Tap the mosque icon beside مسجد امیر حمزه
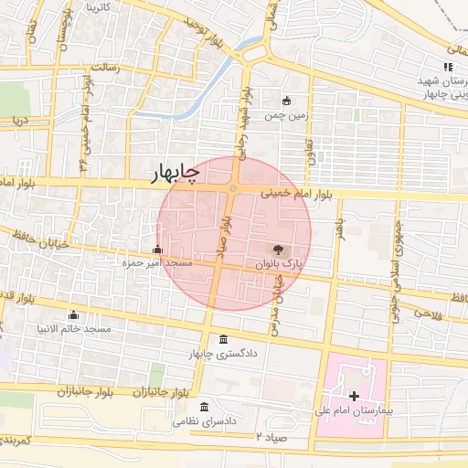157,249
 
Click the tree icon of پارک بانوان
277,249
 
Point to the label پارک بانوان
279,263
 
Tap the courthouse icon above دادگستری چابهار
225,339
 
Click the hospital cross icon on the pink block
355,394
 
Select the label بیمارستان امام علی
363,410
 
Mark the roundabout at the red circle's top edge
234,189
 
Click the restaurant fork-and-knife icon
447,67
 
